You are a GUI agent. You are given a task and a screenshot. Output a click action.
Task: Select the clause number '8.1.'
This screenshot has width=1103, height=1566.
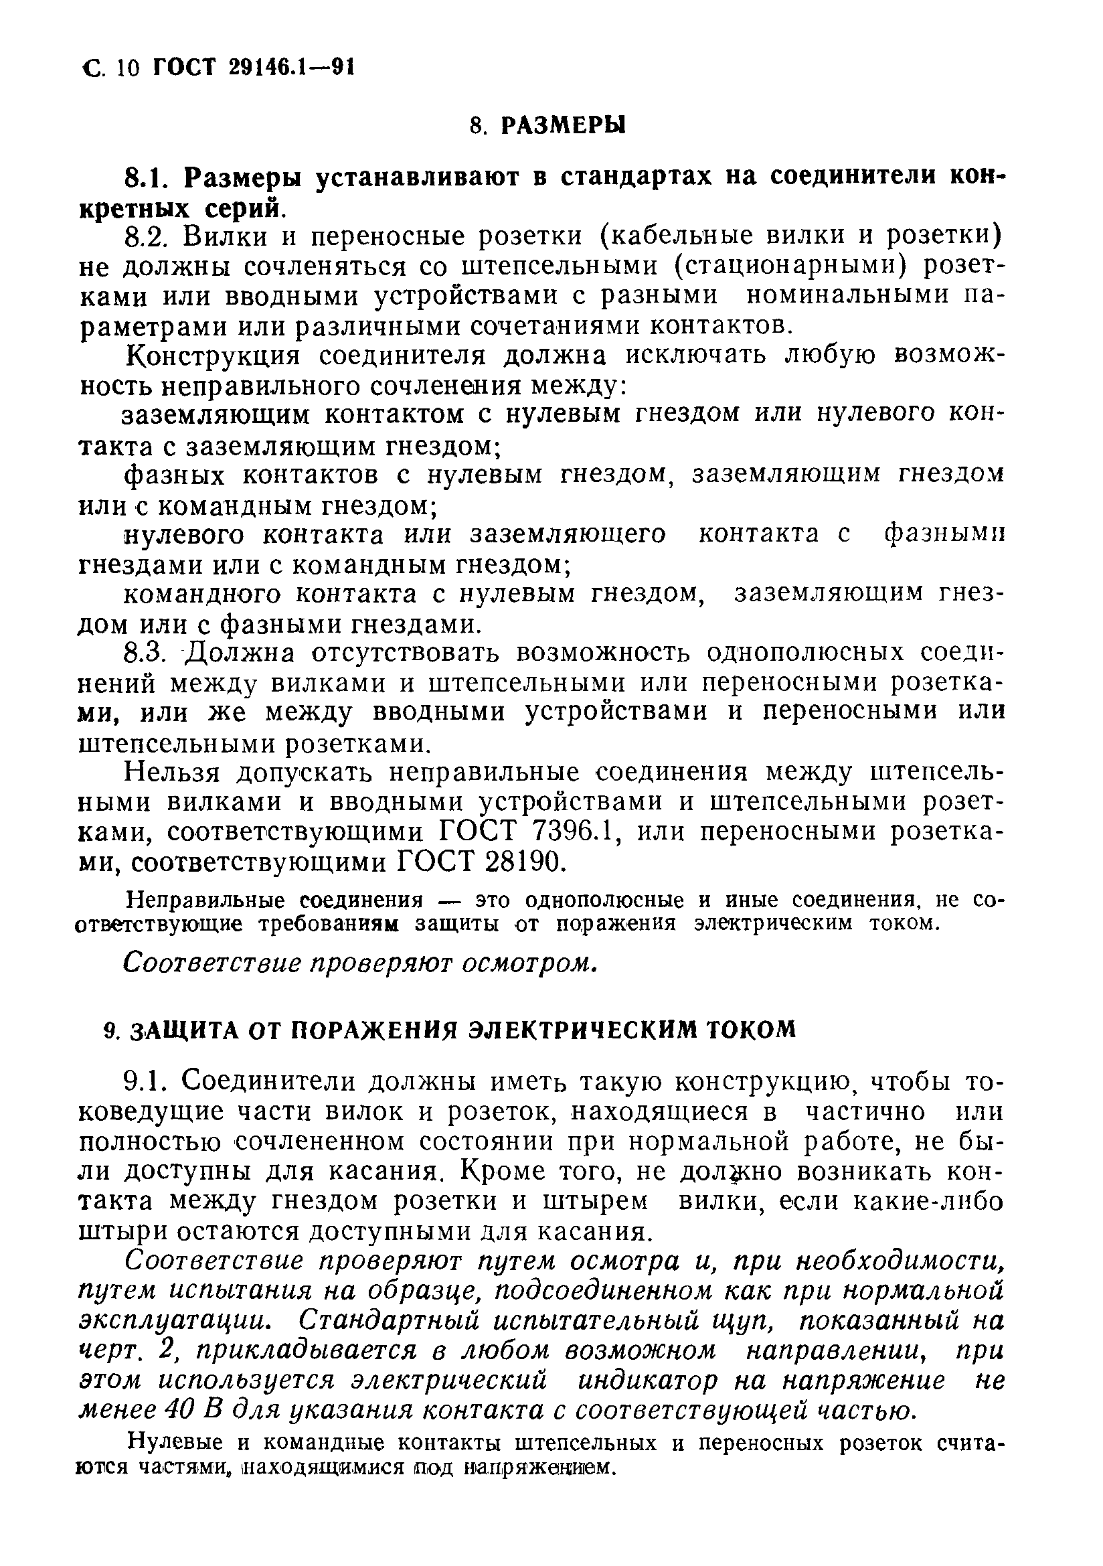coord(146,177)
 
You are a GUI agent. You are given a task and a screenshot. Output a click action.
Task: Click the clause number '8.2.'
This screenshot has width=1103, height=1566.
coord(147,236)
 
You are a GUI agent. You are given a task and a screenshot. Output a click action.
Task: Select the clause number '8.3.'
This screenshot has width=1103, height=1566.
coord(146,653)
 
